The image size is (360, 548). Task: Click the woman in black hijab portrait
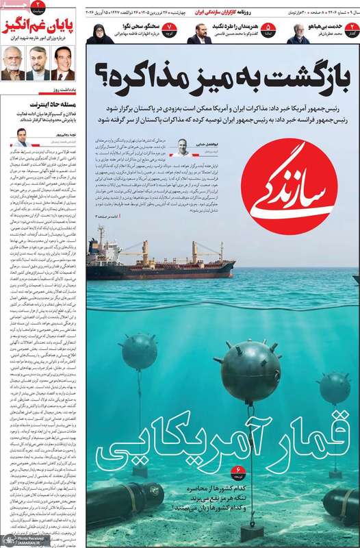(99, 34)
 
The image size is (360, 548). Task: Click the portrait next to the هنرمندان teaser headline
(199, 34)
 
